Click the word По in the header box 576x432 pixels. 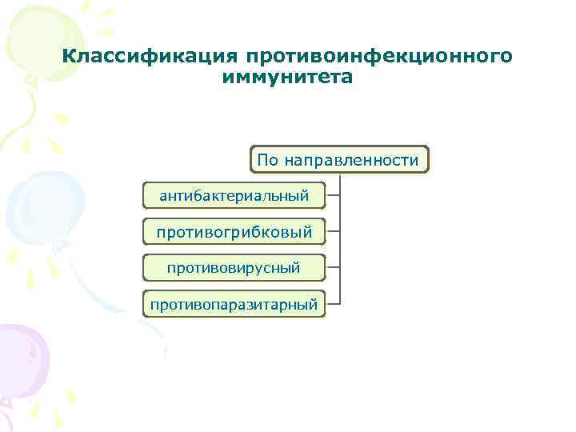pyautogui.click(x=267, y=161)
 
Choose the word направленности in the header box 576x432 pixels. pyautogui.click(x=350, y=161)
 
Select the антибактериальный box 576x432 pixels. pyautogui.click(x=234, y=195)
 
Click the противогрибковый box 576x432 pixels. pyautogui.click(x=234, y=232)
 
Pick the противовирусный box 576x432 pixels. pyautogui.click(x=234, y=267)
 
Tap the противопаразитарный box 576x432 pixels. pyautogui.click(x=234, y=304)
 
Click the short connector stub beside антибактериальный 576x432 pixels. pyautogui.click(x=333, y=195)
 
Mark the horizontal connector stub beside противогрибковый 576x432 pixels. pyautogui.click(x=333, y=231)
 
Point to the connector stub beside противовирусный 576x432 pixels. pyautogui.click(x=333, y=267)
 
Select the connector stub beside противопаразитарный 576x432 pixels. pyautogui.click(x=333, y=303)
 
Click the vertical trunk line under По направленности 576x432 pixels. pyautogui.click(x=339, y=240)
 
